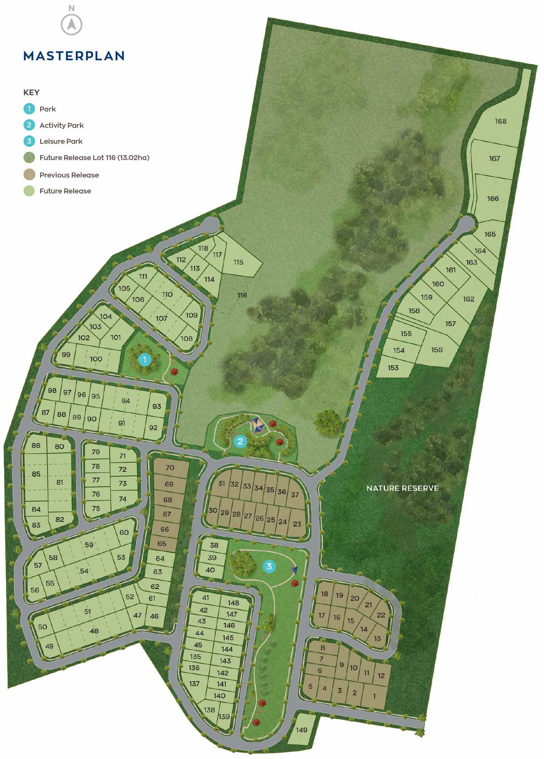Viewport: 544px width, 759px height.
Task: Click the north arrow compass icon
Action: [x=71, y=24]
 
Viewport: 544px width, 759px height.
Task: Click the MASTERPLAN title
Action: [x=74, y=56]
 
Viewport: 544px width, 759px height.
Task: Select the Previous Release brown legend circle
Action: [x=29, y=175]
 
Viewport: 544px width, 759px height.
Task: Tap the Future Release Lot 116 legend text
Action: [x=94, y=157]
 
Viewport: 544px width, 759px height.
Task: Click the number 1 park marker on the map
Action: [x=144, y=359]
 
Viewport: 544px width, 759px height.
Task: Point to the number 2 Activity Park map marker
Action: [x=240, y=441]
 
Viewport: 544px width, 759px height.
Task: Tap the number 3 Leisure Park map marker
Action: [x=269, y=566]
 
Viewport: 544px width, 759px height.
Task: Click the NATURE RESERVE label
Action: [x=402, y=488]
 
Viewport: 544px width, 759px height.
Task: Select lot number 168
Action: [x=500, y=121]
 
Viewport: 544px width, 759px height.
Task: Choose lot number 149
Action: [x=302, y=730]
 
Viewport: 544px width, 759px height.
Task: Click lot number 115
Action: [x=238, y=262]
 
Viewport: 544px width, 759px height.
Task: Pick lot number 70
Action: [x=170, y=468]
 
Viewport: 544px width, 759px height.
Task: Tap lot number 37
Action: [x=295, y=495]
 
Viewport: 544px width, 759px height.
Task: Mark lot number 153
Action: [x=393, y=368]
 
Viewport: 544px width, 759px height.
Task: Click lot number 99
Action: [x=66, y=355]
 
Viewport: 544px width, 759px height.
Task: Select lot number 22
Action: [x=381, y=615]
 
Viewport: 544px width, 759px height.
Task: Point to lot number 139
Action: [x=224, y=717]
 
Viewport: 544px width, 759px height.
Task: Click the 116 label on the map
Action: [x=242, y=295]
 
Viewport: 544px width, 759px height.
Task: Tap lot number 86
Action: [x=36, y=445]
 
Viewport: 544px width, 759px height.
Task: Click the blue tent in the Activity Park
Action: [x=258, y=424]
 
